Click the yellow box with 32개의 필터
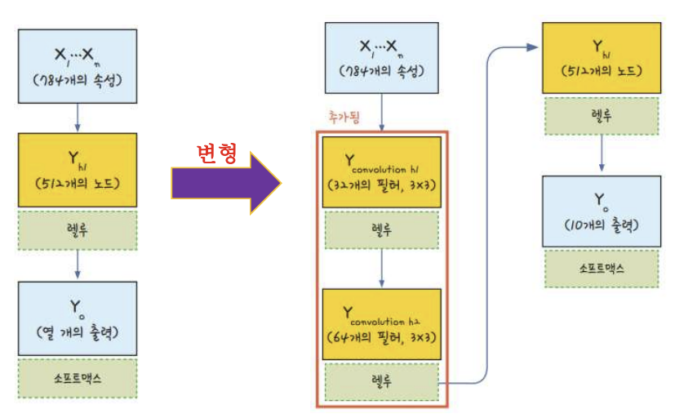click(x=381, y=172)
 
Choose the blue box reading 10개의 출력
click(x=602, y=210)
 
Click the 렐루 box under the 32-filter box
click(x=381, y=230)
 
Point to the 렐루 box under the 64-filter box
click(x=381, y=381)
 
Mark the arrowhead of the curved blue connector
click(x=532, y=48)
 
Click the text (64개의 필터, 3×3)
click(x=381, y=336)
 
